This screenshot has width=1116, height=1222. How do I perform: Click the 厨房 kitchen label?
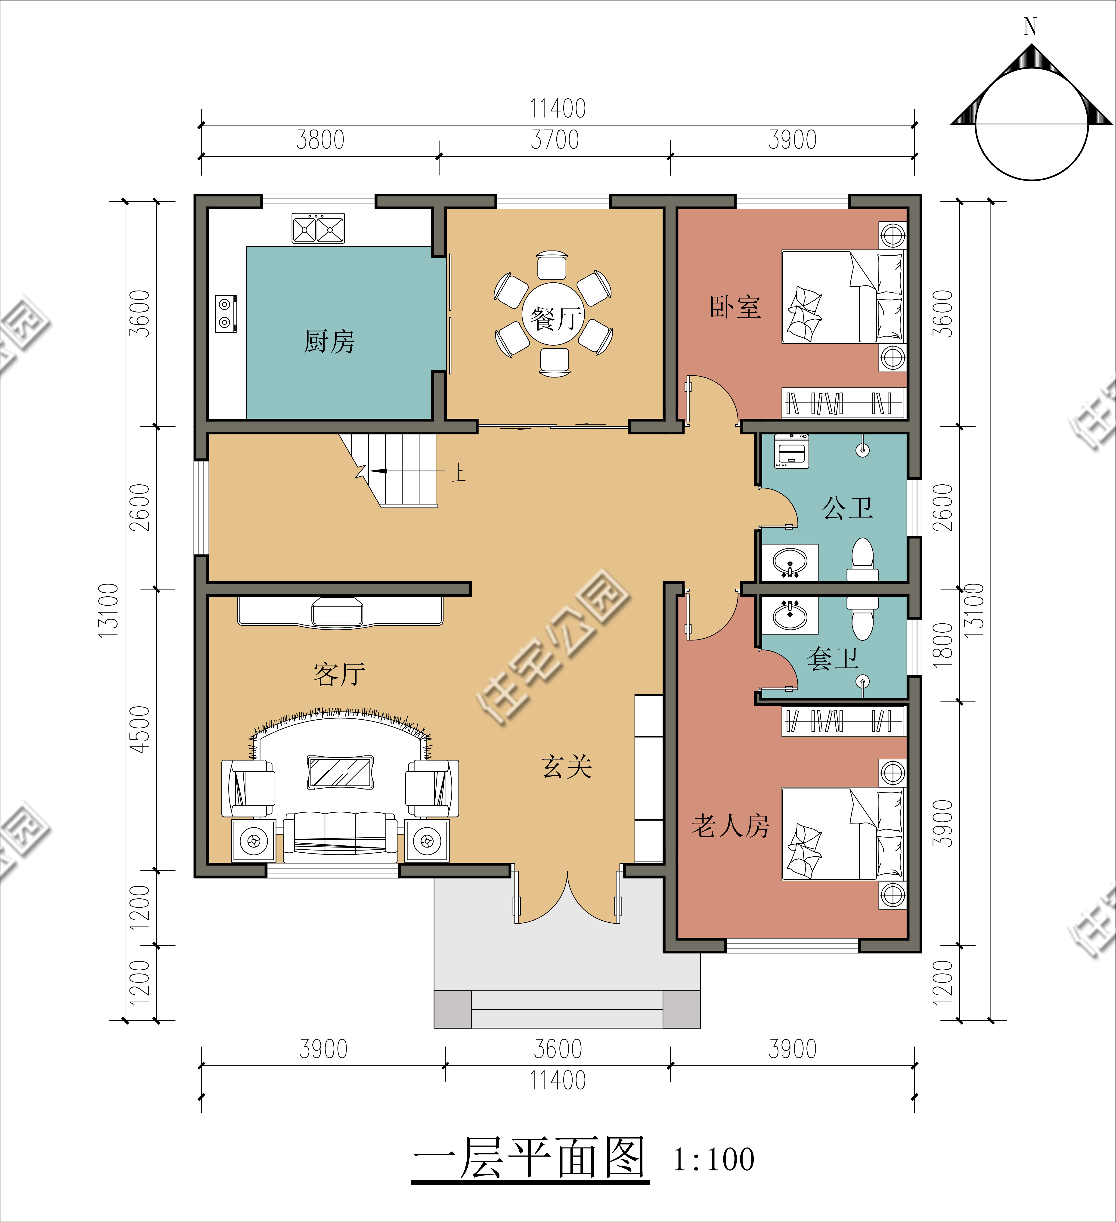[x=329, y=342]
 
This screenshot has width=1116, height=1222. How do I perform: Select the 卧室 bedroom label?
[x=735, y=307]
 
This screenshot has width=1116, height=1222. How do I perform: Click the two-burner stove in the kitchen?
[x=226, y=313]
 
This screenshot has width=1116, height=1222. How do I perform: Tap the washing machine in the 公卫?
[x=791, y=451]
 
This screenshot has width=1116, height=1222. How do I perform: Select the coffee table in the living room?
[x=340, y=772]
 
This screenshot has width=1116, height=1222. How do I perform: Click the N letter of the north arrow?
[x=1030, y=27]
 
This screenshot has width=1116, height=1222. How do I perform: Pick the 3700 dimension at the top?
[x=555, y=140]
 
